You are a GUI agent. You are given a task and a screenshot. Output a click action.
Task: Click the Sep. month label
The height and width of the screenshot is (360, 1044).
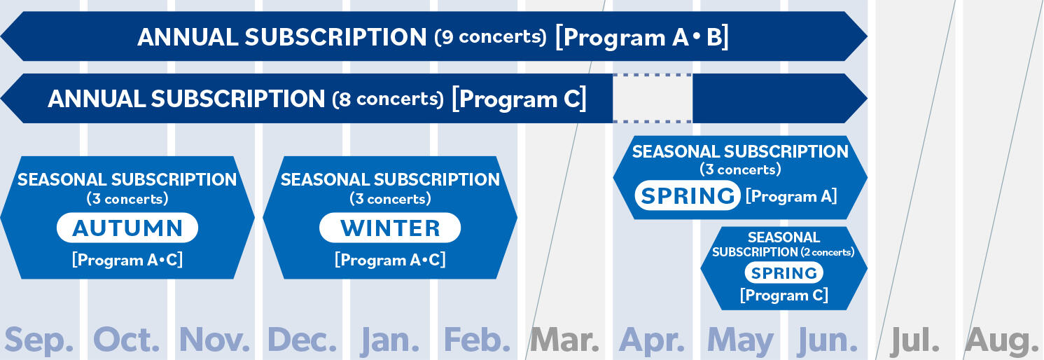tap(39, 340)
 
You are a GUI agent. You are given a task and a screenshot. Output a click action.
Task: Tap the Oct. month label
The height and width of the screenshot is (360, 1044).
tap(126, 340)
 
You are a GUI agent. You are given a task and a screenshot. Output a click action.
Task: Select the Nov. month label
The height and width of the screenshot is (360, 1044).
tap(214, 340)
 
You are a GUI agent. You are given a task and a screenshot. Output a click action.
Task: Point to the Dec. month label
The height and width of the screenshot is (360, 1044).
tap(302, 340)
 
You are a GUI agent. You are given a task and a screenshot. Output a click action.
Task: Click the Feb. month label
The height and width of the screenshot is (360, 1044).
tap(478, 340)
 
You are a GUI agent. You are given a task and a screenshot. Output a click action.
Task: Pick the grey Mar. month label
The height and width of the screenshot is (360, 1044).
tap(564, 340)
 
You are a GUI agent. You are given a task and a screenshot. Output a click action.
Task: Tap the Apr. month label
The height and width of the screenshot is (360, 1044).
tap(652, 340)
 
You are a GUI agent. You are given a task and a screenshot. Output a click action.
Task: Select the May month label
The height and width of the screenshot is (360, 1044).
tap(740, 341)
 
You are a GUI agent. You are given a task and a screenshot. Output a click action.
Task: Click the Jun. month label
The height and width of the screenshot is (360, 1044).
tap(828, 340)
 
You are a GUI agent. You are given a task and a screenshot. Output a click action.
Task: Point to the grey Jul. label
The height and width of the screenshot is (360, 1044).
tap(914, 340)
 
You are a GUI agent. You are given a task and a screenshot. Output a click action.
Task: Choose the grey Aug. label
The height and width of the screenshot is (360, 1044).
tap(1001, 341)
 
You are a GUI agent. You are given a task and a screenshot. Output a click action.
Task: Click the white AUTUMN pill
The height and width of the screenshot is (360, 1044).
tap(127, 228)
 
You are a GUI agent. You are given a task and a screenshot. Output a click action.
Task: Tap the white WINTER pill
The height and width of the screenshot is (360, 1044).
tap(390, 228)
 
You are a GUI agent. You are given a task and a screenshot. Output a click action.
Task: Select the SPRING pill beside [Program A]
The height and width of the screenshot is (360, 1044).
tap(688, 195)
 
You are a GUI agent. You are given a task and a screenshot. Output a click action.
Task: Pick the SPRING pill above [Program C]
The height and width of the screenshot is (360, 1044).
tap(784, 272)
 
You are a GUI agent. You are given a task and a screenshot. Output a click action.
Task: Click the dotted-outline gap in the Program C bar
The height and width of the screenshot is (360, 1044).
tap(653, 98)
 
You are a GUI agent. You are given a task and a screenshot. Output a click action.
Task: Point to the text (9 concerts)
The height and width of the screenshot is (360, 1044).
tap(490, 37)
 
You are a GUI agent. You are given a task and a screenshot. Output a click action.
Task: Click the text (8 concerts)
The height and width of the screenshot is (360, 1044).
tap(388, 99)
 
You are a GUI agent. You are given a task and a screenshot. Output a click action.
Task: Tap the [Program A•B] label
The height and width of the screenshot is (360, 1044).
tap(642, 37)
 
